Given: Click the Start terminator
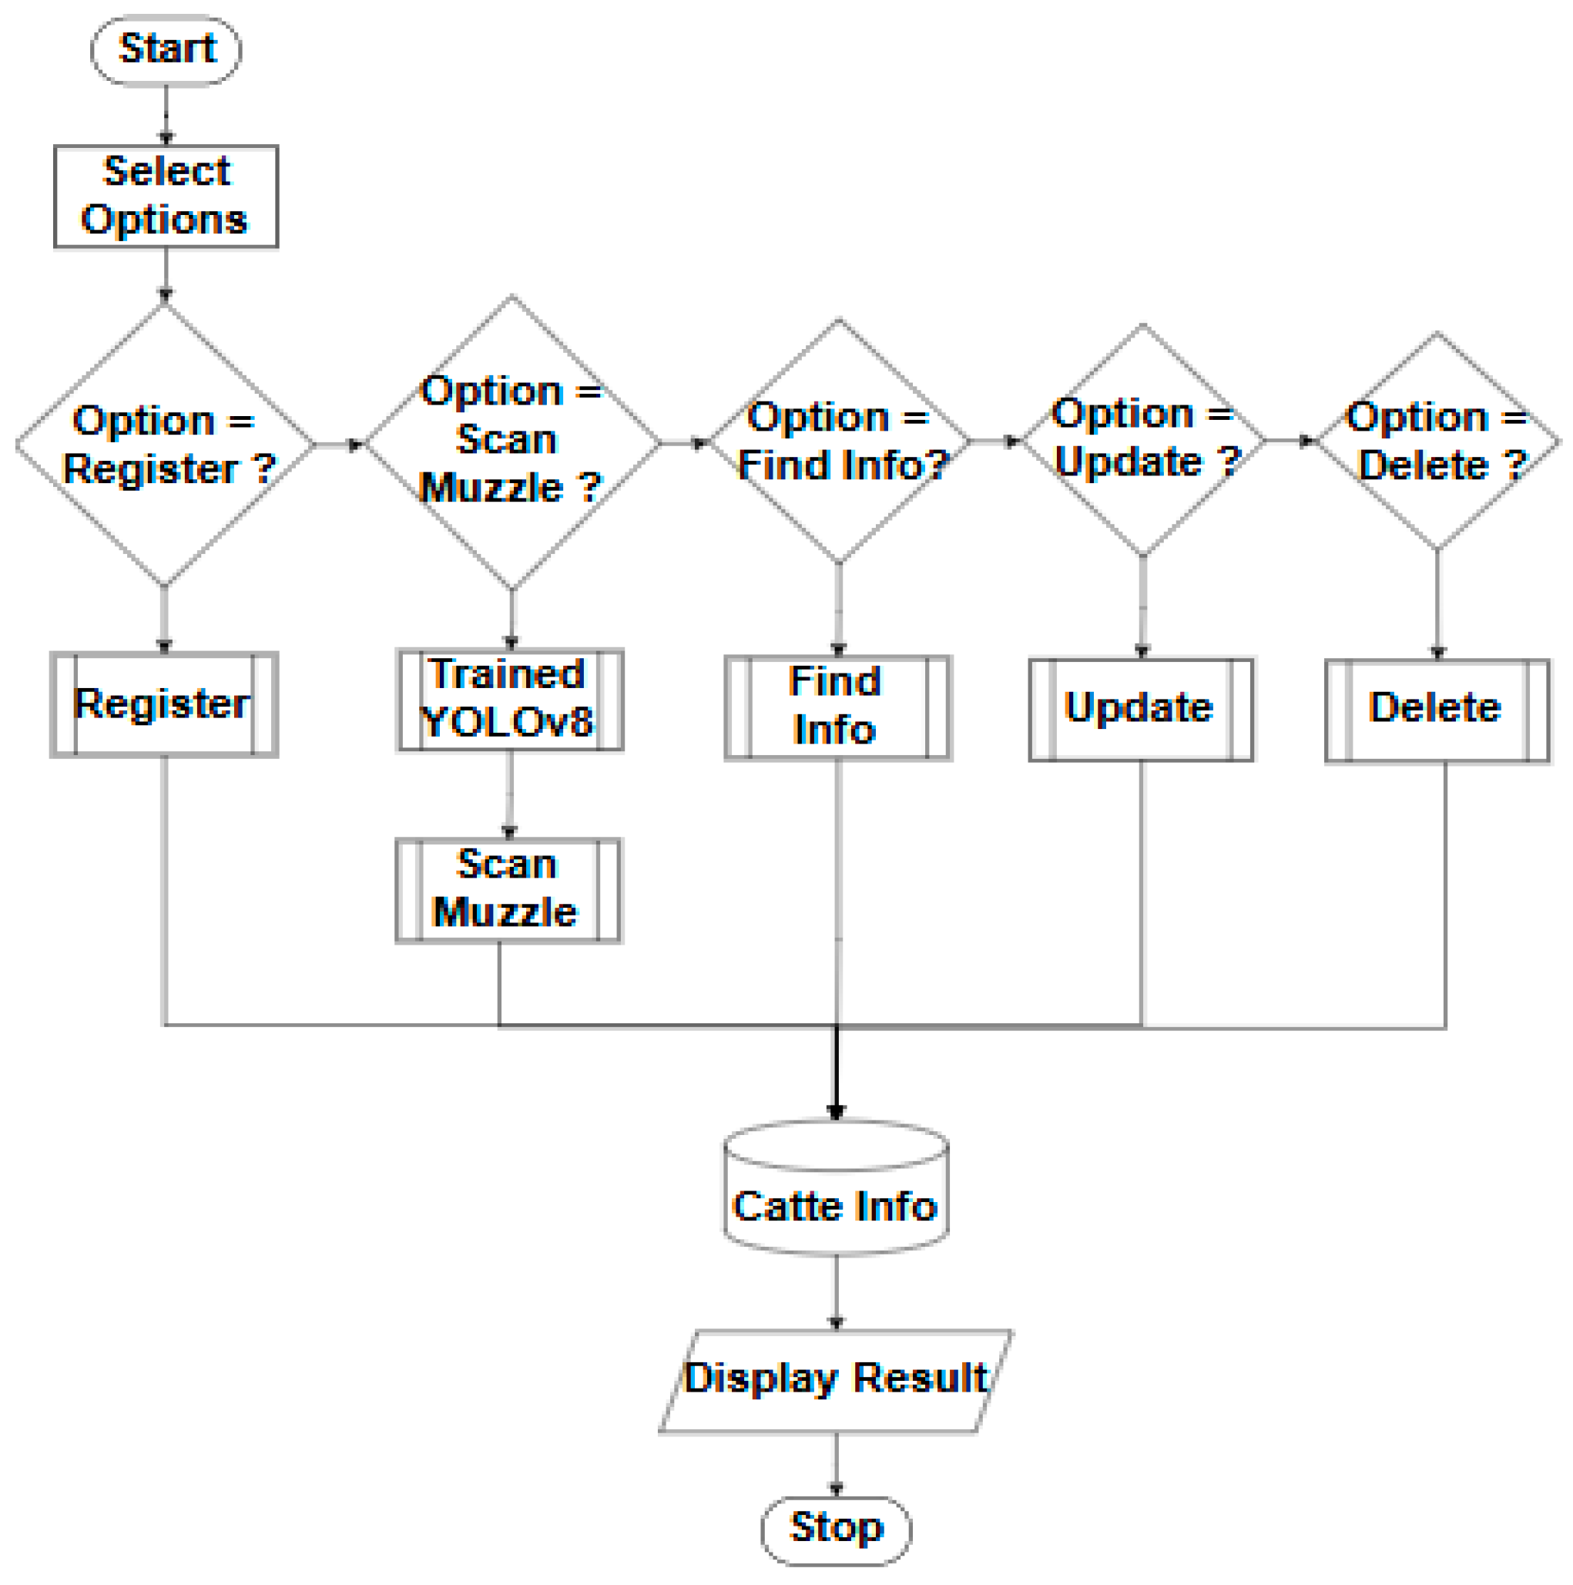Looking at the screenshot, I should (x=166, y=50).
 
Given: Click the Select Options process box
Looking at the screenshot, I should (x=166, y=196).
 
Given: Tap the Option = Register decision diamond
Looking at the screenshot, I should (x=165, y=444).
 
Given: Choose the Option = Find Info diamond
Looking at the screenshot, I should (x=838, y=442).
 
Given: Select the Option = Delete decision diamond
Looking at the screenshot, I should (x=1436, y=442).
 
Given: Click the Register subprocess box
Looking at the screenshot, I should (x=164, y=705).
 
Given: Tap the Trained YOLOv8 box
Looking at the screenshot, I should (x=509, y=700).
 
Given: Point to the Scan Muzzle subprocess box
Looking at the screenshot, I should (x=508, y=890).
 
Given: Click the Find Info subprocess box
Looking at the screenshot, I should (x=837, y=707).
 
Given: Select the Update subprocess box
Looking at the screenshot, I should (x=1141, y=710).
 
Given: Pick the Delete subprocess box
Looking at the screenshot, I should (x=1437, y=710).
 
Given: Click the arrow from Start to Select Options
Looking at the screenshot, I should (x=166, y=115).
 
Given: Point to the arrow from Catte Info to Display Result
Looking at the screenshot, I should (x=836, y=1291).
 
